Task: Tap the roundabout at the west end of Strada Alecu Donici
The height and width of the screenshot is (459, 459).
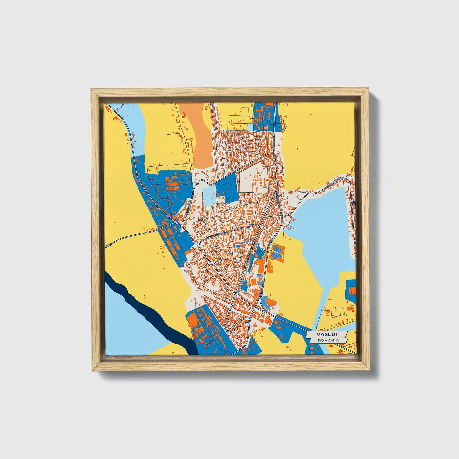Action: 197,245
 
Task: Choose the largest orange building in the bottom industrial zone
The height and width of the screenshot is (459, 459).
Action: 193,321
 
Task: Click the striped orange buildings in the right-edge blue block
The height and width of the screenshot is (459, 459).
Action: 352,290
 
